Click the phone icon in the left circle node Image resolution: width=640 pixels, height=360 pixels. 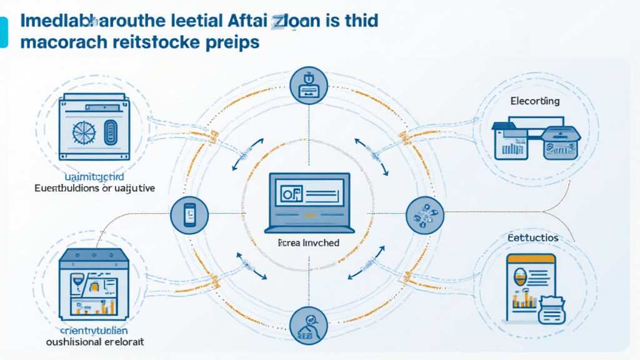pyautogui.click(x=189, y=214)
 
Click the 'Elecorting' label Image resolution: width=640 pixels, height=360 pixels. pyautogui.click(x=534, y=101)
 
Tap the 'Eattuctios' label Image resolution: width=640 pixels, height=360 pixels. pyautogui.click(x=533, y=238)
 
